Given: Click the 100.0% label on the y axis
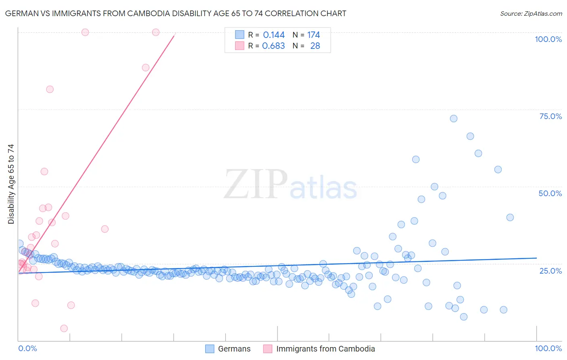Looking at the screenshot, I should coord(548,39).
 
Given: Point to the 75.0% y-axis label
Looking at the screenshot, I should coord(550,116).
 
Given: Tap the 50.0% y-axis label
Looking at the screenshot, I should coord(550,193).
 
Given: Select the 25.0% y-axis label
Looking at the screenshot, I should coord(550,270).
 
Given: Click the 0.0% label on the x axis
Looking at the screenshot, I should coord(27,348).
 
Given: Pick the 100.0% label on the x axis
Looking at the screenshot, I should coord(548,348).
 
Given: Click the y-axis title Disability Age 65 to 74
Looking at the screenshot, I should coord(11,184).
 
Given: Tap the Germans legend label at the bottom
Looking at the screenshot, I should coord(234,349).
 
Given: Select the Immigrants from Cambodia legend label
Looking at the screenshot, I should coord(325,349).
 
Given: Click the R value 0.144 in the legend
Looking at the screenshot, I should coord(274,35).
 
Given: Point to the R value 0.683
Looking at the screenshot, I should coord(273,46).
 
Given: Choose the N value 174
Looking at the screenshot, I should coord(313,35).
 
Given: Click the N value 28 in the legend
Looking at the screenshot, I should coord(315,46).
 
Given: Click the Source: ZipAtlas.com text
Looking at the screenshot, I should coord(531,14).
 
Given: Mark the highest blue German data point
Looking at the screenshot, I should coord(453,119).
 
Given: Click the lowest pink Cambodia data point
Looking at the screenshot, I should coord(64,329).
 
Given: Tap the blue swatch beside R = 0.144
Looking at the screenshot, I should coord(240,35).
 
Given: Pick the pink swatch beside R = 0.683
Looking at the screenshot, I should coord(240,46).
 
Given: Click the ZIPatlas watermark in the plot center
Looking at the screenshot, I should coord(290,185).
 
